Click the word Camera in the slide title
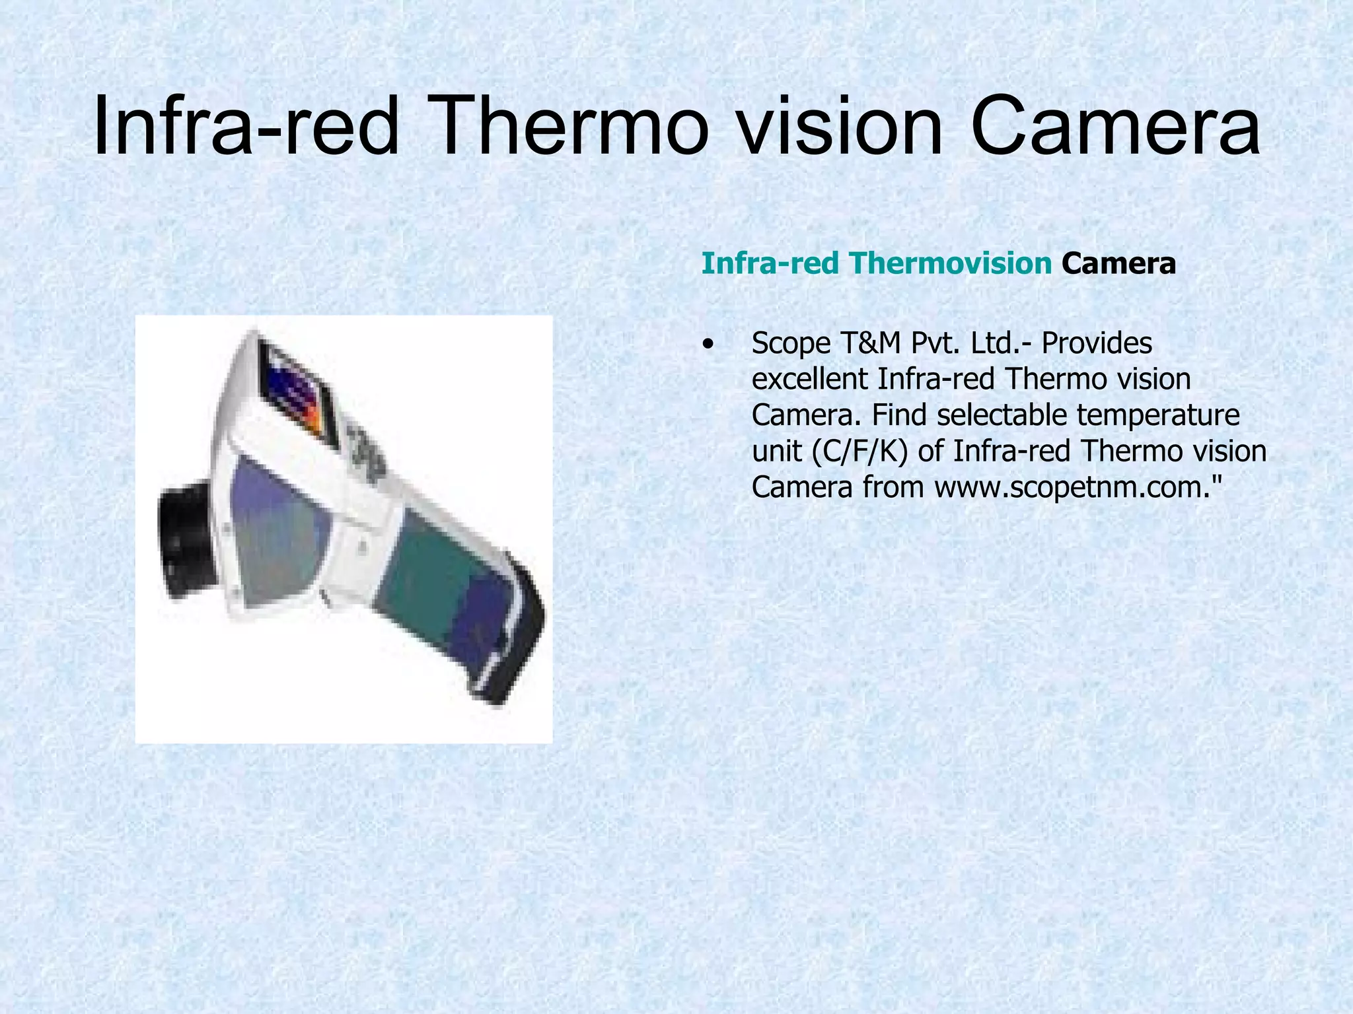(x=1115, y=125)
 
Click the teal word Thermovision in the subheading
(x=951, y=263)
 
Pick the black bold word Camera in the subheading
(x=1118, y=263)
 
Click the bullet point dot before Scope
(x=709, y=345)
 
